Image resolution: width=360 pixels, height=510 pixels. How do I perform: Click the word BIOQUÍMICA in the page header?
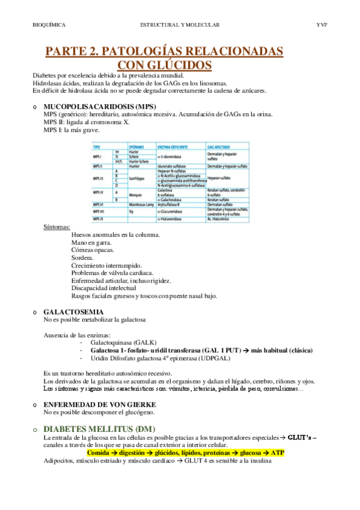49,25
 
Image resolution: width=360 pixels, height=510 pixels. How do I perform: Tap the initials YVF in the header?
322,25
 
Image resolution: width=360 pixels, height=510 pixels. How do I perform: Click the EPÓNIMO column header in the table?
137,147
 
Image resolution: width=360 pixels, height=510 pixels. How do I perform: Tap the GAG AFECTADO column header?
218,147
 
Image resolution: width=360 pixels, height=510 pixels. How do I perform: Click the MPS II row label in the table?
99,165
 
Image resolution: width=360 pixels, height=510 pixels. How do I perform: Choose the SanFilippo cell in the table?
138,179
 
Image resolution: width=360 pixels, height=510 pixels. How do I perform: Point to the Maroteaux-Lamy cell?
142,204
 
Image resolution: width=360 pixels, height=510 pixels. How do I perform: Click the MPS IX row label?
99,220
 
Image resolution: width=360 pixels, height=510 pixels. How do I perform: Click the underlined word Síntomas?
56,227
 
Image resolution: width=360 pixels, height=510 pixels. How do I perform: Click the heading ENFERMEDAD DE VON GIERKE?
100,405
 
